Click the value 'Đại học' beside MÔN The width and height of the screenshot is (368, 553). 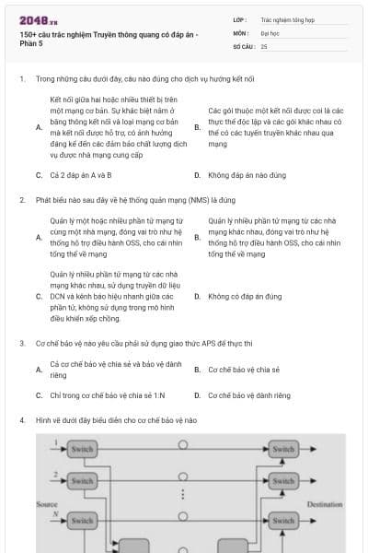(270, 31)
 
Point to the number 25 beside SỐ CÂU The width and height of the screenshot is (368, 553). (264, 45)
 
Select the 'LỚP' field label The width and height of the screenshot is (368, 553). (239, 18)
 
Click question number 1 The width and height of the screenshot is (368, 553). (21, 79)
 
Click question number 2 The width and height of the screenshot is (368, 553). (21, 198)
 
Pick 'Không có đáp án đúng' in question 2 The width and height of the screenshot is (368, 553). (245, 297)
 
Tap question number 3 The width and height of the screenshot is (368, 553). (21, 343)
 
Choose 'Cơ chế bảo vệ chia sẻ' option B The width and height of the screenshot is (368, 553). (243, 370)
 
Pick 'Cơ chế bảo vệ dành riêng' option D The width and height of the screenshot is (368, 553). (248, 395)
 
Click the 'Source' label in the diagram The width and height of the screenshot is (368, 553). (46, 504)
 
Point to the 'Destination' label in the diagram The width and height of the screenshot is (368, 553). (324, 504)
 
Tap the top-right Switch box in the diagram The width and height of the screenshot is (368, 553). (284, 450)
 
